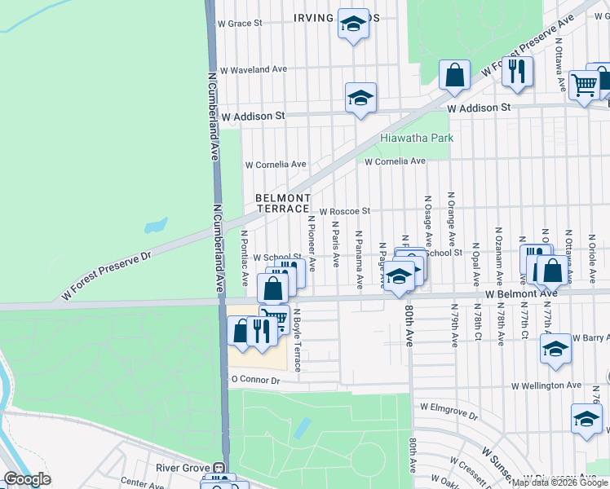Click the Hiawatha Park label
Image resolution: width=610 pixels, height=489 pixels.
point(417,139)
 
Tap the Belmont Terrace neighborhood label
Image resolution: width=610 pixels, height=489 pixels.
point(283,204)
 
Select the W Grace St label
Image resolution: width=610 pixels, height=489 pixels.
point(239,24)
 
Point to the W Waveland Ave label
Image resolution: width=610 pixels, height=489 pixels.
point(252,70)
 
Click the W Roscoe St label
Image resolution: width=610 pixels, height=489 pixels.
point(344,211)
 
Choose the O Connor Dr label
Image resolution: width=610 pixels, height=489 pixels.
point(255,380)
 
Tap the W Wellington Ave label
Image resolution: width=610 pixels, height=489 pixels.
point(546,385)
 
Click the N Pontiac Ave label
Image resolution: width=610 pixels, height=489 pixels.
point(244,258)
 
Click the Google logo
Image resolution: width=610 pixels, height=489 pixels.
point(26,479)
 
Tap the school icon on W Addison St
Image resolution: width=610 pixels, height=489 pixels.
point(360,98)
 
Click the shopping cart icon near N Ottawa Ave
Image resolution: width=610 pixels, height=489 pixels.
point(584,83)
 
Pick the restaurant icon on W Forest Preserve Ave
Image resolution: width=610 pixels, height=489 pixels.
point(517,72)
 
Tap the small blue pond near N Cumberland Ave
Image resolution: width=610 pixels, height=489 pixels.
point(155,226)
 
